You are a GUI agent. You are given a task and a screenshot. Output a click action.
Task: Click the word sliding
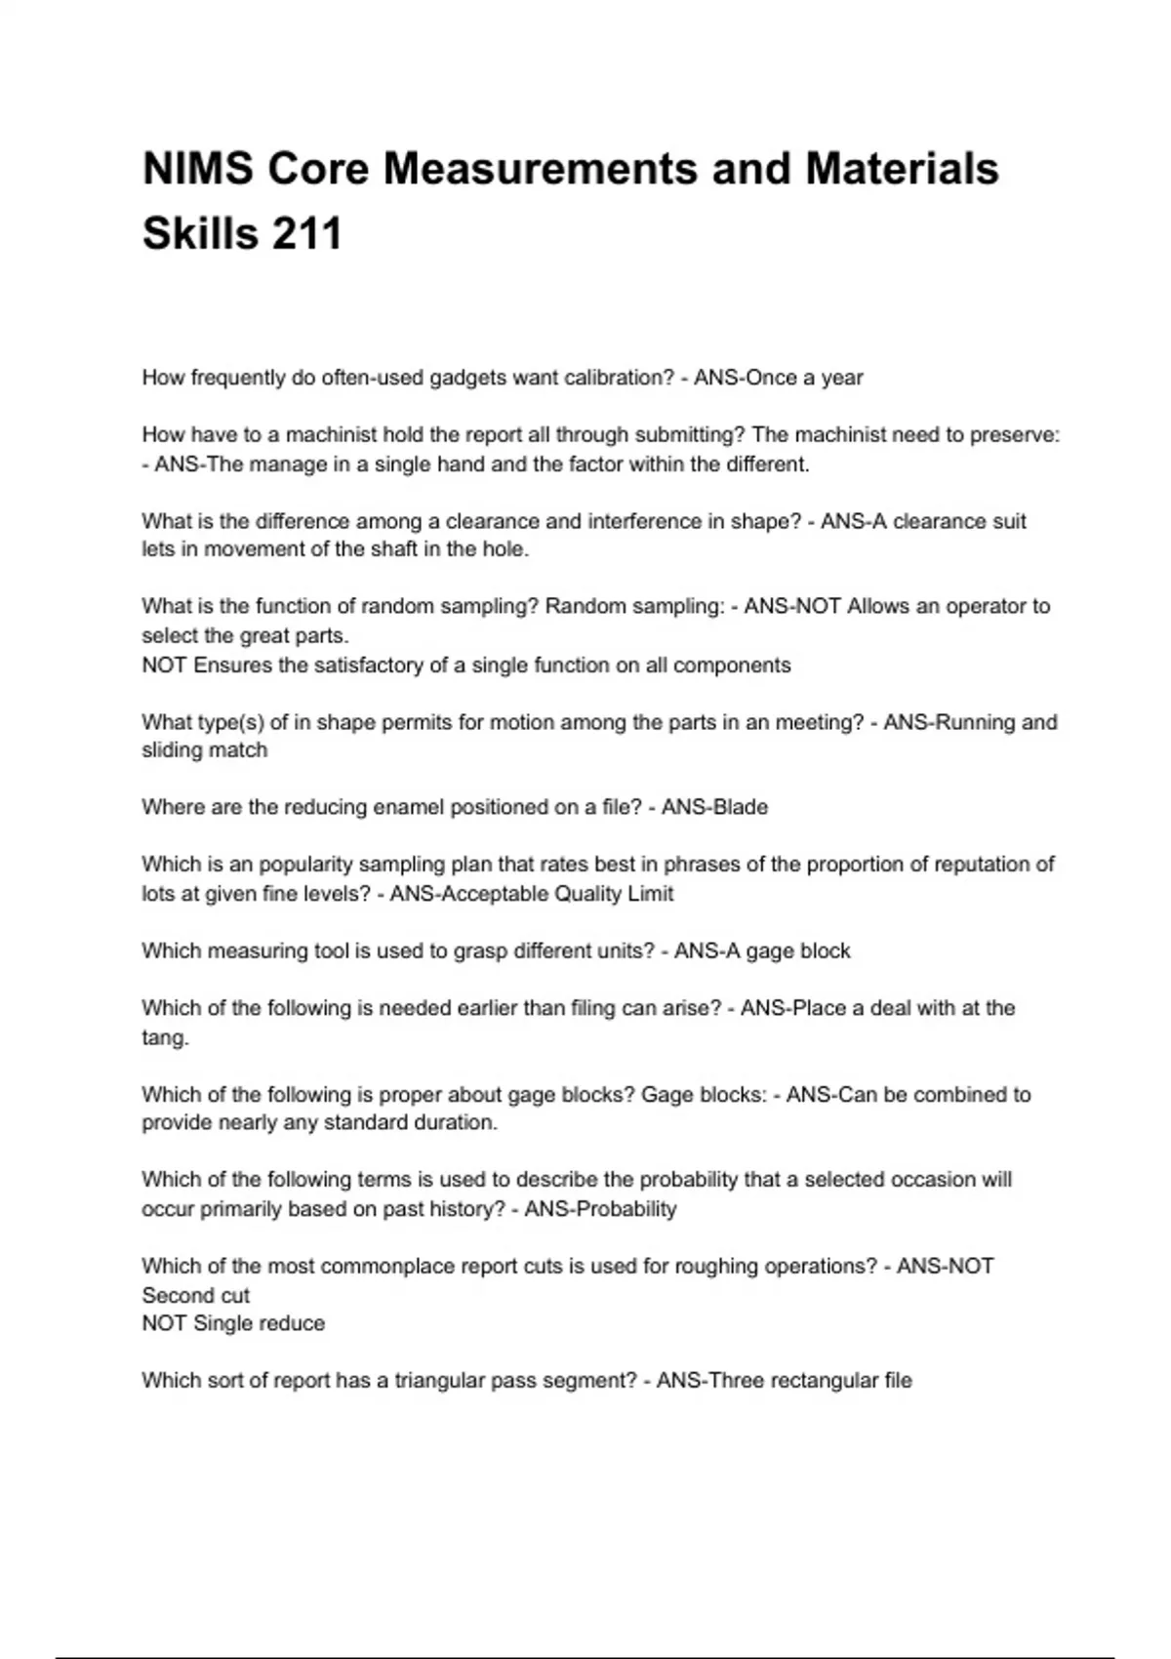pos(171,750)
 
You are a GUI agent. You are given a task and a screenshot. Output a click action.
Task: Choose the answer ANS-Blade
pos(714,807)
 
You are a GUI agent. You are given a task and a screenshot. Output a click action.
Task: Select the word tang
pos(163,1037)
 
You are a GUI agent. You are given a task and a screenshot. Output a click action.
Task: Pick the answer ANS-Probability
pos(600,1209)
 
